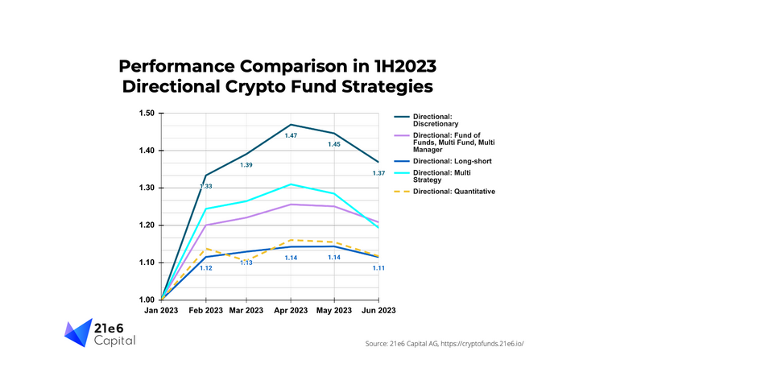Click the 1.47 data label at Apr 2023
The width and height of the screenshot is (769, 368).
coord(291,135)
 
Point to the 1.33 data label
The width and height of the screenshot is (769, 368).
coord(206,187)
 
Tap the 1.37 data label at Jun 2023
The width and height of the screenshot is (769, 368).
coord(378,174)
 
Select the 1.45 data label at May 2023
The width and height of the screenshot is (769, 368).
coord(333,144)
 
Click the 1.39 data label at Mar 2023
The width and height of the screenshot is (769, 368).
coord(246,165)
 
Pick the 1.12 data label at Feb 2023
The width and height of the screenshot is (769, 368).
coord(206,267)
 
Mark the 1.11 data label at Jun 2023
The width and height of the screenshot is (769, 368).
coord(378,267)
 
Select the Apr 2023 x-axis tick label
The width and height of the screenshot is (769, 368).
coord(291,310)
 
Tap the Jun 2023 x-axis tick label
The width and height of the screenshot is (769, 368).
coord(377,310)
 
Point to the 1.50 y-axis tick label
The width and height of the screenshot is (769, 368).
coord(145,114)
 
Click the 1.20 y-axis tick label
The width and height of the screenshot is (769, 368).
coord(145,225)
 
